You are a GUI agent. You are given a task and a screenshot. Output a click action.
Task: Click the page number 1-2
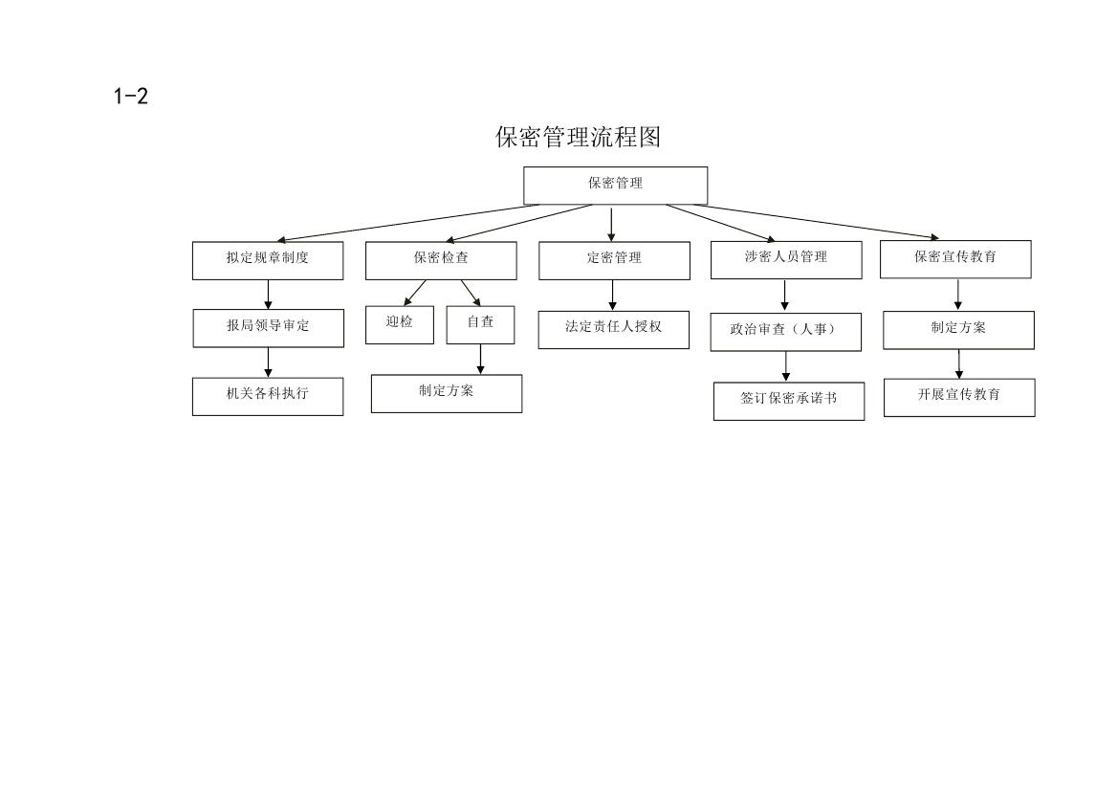point(130,97)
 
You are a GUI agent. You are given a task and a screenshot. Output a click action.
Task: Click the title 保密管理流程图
point(579,137)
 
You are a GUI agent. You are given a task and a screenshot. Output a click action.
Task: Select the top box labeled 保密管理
point(615,186)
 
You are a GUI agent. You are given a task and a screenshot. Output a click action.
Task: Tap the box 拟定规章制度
point(268,260)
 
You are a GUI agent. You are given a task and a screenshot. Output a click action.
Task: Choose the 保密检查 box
point(441,260)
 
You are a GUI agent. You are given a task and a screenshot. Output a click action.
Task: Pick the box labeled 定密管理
point(614,260)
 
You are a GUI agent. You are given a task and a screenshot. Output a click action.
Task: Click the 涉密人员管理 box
point(786,259)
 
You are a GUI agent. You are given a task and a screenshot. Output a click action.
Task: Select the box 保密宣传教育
point(955,259)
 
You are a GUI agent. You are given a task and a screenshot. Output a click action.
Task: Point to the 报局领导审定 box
point(268,328)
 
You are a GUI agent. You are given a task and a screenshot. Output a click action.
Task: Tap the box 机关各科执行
point(268,397)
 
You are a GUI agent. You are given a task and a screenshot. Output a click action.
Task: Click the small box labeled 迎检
point(400,324)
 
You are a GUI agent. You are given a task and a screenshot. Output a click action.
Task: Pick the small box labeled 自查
point(480,324)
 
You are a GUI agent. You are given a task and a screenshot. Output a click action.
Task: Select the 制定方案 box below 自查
point(447,394)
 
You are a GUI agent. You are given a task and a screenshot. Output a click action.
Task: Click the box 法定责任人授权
point(613,330)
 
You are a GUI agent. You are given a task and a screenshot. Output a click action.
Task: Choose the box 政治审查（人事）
point(786,332)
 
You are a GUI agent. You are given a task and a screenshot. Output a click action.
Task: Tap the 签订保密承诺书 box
point(789,402)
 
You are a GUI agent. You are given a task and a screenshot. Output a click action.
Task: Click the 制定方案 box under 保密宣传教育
point(958,330)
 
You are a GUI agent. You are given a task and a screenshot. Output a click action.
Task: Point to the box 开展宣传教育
point(959,397)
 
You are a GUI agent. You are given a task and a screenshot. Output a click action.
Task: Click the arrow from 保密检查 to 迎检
point(415,293)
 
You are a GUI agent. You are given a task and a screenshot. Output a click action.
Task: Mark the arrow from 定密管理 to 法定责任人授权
point(612,296)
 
